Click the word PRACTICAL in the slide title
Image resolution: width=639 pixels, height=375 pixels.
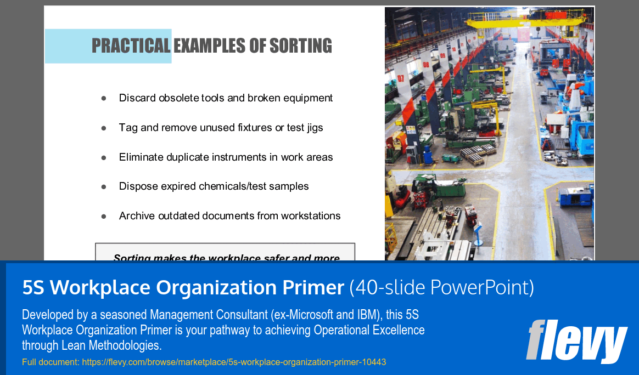(131, 46)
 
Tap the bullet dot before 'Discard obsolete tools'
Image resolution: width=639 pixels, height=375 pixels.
(103, 98)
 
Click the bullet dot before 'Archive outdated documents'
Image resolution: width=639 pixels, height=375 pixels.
(103, 216)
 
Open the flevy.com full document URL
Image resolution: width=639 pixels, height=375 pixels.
(234, 362)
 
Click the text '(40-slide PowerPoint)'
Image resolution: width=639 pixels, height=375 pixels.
(441, 287)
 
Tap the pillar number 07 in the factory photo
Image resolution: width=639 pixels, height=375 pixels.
(401, 78)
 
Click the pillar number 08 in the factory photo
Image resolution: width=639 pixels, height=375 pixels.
(426, 65)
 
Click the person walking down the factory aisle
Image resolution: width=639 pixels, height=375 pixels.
(525, 55)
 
